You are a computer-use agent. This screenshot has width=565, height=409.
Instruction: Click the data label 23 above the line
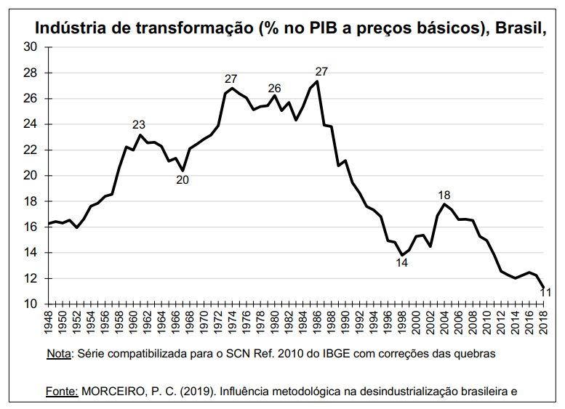click(x=139, y=124)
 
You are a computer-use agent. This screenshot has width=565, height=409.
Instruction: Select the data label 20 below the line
click(x=183, y=179)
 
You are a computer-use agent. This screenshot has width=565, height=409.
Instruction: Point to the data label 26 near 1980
click(x=274, y=89)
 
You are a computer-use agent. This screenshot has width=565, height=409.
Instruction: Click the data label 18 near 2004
click(x=444, y=195)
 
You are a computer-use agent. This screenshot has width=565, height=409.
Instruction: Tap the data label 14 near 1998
click(x=402, y=263)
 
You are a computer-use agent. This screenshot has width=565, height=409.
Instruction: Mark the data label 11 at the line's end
click(x=545, y=293)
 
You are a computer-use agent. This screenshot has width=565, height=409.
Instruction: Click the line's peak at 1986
click(x=318, y=81)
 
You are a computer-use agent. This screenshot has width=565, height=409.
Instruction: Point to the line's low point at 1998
click(x=402, y=255)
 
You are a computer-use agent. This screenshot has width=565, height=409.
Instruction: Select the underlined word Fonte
click(x=62, y=392)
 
